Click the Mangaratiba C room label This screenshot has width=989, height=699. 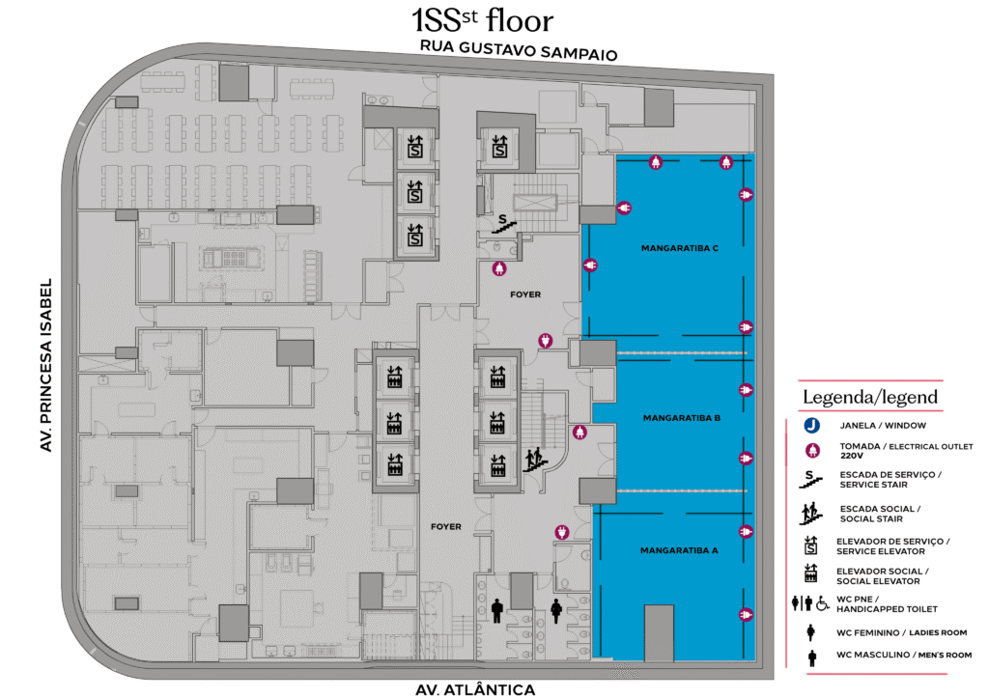tap(679, 248)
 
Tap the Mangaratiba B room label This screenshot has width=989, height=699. tap(681, 418)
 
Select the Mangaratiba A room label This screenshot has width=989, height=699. tap(679, 550)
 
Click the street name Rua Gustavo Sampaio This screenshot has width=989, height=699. tap(519, 50)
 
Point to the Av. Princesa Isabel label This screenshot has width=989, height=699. tap(45, 365)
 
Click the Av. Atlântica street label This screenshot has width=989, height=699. tap(475, 689)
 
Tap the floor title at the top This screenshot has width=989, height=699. tap(483, 20)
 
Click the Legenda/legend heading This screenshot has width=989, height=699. tap(870, 397)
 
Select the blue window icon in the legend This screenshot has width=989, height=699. tap(811, 426)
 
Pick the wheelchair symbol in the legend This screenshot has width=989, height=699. tap(823, 603)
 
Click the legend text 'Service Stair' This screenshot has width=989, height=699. tap(873, 485)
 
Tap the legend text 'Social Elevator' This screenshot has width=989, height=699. tap(878, 581)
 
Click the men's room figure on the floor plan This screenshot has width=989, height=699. tap(497, 610)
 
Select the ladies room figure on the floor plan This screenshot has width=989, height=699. tap(556, 610)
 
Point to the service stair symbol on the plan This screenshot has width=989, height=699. tap(504, 224)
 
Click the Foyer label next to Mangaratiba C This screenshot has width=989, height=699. tap(525, 294)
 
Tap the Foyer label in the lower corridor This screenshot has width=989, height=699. tap(446, 526)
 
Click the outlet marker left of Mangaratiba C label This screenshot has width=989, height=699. tap(590, 266)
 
